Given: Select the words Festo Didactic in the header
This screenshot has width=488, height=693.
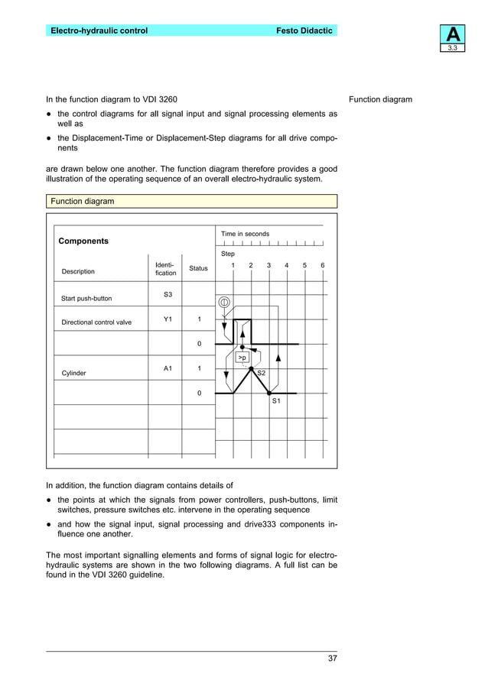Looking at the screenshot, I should point(304,31).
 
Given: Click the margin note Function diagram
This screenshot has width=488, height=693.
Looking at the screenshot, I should point(380,99).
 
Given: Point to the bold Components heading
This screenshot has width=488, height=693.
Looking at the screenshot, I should point(83,241).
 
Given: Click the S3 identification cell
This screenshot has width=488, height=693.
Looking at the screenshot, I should point(168,294).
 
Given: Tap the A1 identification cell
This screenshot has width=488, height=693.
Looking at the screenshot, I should point(168,368).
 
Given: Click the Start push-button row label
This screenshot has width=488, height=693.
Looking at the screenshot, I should point(86,298).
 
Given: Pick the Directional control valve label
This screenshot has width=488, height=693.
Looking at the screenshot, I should point(96,322).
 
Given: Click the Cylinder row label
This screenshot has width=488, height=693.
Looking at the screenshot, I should point(73,373).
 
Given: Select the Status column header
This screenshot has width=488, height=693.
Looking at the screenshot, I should point(198,268).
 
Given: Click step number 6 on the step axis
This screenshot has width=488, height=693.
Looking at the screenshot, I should point(323,265).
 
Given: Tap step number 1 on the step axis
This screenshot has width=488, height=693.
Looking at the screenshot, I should point(233,265).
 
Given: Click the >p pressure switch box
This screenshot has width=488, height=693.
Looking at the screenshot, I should point(242,357).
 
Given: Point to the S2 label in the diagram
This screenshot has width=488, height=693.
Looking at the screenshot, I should point(261,372).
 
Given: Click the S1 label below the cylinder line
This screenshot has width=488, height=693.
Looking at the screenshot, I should point(276,400).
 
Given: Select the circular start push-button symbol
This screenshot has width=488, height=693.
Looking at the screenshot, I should point(224,302).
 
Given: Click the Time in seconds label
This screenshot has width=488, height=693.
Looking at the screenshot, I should point(245,234).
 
